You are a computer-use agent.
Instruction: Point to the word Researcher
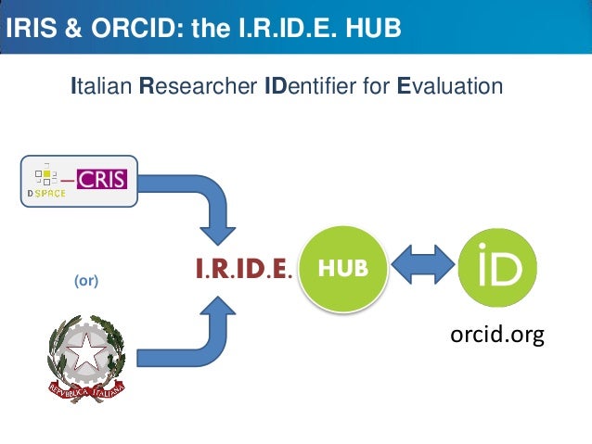pyautogui.click(x=198, y=87)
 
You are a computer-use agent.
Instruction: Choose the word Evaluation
pyautogui.click(x=449, y=87)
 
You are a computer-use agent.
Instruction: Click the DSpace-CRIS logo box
pyautogui.click(x=79, y=180)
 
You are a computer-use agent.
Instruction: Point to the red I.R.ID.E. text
pyautogui.click(x=244, y=269)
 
